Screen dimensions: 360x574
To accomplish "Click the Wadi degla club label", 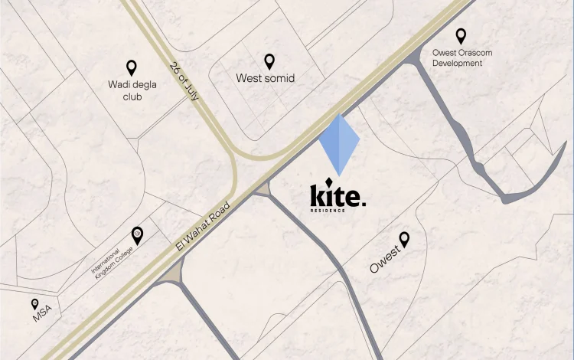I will [132, 90].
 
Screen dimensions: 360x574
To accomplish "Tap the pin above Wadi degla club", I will [132, 67].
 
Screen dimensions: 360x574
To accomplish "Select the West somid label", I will [266, 78].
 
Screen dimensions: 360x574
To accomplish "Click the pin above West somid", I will [269, 61].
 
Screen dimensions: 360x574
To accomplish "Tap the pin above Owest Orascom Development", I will [461, 35].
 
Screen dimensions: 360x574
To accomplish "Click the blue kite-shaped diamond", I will [339, 144].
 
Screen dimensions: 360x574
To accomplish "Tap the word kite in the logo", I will [334, 196].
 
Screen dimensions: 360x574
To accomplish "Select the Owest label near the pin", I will [385, 259].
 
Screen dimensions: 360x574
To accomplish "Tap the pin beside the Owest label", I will [404, 239].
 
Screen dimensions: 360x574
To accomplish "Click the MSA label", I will [41, 314].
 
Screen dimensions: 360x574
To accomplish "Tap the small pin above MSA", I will [34, 304].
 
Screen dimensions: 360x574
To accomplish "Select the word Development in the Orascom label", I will [457, 64].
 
